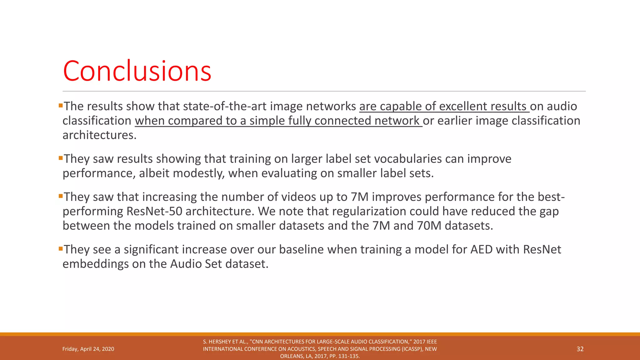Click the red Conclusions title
(137, 71)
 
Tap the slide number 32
(580, 349)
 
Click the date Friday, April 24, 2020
(88, 349)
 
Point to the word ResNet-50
(154, 211)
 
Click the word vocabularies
(408, 159)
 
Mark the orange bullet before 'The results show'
(61, 106)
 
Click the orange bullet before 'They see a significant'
(61, 249)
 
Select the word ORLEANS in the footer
(292, 356)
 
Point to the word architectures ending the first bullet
(99, 135)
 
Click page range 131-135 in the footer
(349, 356)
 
